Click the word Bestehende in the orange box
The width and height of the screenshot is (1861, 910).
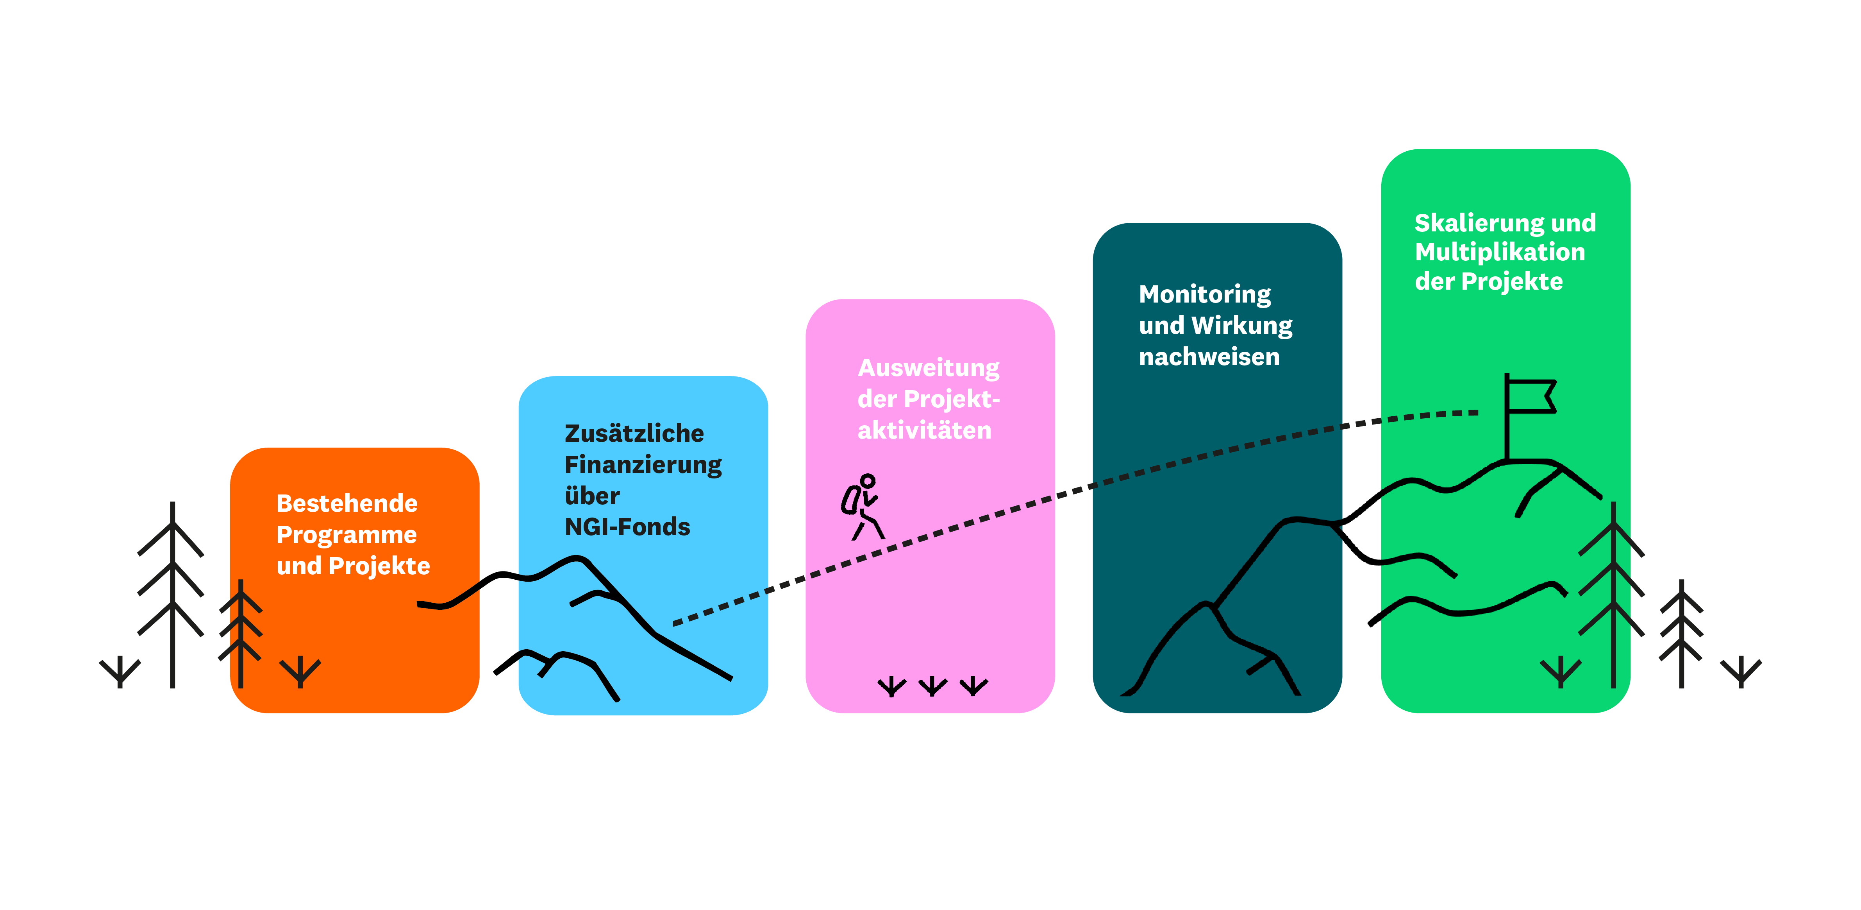(x=347, y=503)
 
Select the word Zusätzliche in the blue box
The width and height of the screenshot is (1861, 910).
(x=634, y=433)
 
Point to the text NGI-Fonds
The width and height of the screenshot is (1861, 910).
(x=627, y=527)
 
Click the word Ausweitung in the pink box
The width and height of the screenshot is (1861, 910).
(x=928, y=368)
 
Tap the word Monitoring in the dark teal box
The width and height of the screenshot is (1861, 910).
(x=1204, y=294)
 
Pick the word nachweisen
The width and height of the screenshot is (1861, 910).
(x=1209, y=357)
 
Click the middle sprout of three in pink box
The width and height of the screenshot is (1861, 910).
(x=933, y=685)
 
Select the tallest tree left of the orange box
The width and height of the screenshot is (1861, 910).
(x=172, y=593)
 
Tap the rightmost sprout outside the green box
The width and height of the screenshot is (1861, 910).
(x=1741, y=671)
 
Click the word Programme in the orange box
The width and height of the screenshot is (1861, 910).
(x=346, y=535)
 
